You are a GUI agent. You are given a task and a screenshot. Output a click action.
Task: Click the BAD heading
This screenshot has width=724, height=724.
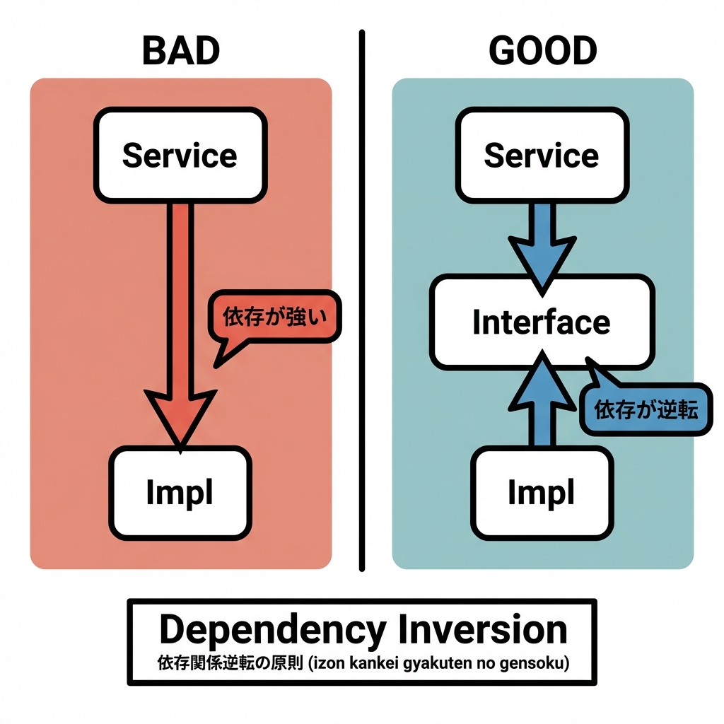[181, 51]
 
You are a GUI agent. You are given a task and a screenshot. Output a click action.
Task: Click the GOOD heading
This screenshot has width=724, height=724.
[542, 51]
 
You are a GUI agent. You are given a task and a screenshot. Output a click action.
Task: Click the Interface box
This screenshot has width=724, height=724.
[541, 322]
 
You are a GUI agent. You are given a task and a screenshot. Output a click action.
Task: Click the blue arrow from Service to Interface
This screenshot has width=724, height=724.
[542, 244]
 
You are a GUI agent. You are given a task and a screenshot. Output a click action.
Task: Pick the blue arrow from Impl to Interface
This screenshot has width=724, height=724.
[542, 399]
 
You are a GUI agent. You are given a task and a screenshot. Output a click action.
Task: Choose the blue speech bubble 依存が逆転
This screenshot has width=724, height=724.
[646, 409]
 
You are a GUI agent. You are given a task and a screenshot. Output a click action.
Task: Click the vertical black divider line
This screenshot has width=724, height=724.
[362, 300]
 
